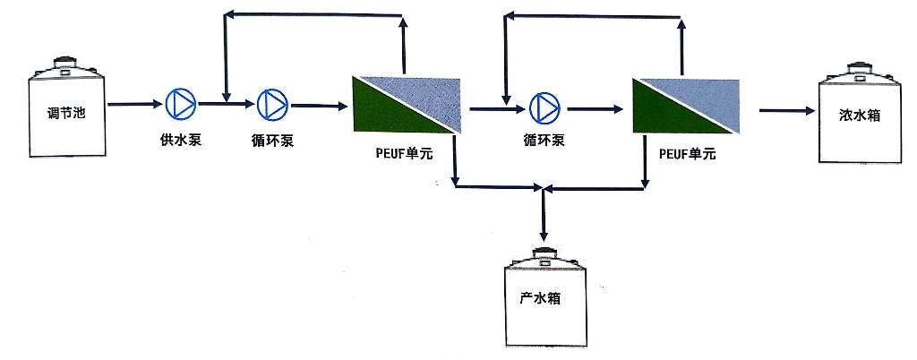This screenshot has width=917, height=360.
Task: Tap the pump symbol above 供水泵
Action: pos(180,104)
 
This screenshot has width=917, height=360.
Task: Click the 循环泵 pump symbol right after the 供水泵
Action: pos(270,105)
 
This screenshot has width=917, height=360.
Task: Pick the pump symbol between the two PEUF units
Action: pos(543,107)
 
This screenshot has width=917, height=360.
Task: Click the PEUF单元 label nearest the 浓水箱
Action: pos(687,154)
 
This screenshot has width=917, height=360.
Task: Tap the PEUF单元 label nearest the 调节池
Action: pos(404,154)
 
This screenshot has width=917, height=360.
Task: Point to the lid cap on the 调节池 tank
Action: pos(64,64)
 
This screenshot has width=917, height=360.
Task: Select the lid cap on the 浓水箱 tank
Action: pos(858,65)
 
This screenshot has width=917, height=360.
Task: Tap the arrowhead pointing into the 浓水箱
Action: pos(808,111)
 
